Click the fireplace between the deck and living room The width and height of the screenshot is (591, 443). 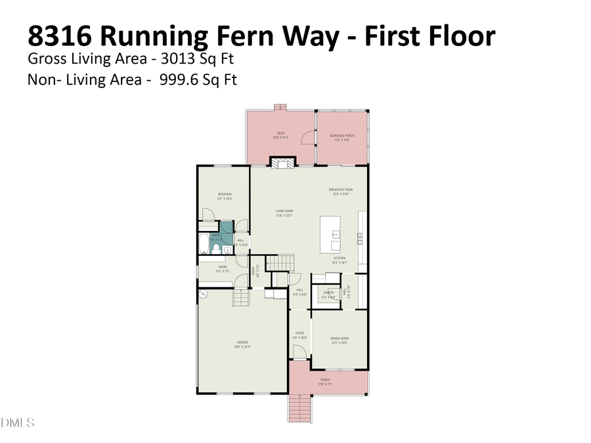pos(284,163)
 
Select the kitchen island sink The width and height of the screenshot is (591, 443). pos(335,233)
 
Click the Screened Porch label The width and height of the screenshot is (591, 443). pos(341,135)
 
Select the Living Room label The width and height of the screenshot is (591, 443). pos(284,211)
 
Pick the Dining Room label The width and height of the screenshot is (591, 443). pos(339,339)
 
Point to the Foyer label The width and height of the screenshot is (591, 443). pos(299,334)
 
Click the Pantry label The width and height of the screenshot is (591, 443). pos(328,293)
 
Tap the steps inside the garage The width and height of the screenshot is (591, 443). pos(242,299)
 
